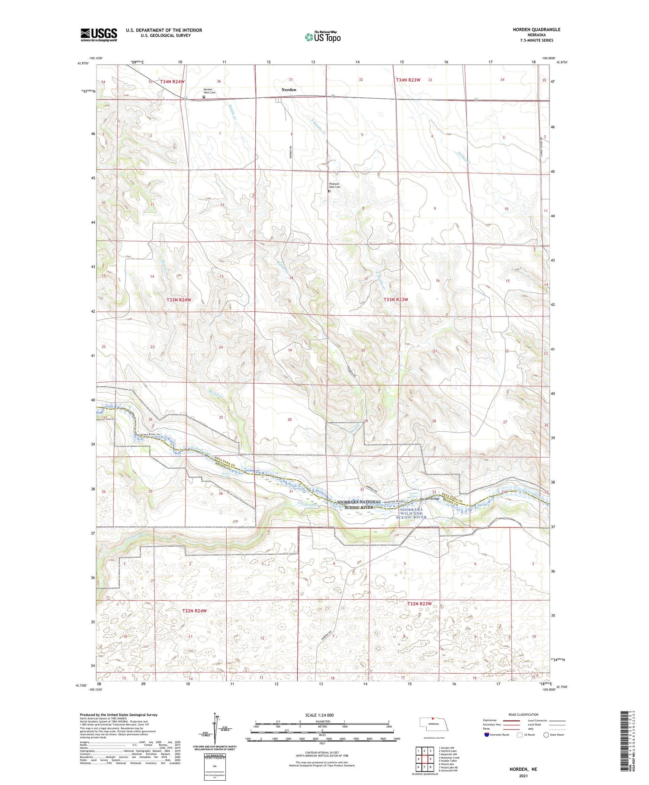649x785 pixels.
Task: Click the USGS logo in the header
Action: tap(99, 35)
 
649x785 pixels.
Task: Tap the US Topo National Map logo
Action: tap(322, 37)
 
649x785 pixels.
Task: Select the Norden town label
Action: tap(289, 90)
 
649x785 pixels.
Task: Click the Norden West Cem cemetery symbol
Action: tap(204, 97)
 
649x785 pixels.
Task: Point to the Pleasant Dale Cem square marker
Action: tap(329, 191)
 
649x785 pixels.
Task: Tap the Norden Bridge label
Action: tap(430, 499)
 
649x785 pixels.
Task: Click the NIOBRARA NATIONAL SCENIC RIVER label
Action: tap(359, 504)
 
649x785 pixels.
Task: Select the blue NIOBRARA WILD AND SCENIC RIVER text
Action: tap(411, 514)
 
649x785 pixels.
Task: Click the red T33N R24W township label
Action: tap(179, 300)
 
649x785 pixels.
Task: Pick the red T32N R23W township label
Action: tap(419, 604)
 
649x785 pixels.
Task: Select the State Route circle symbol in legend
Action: tap(546, 735)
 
